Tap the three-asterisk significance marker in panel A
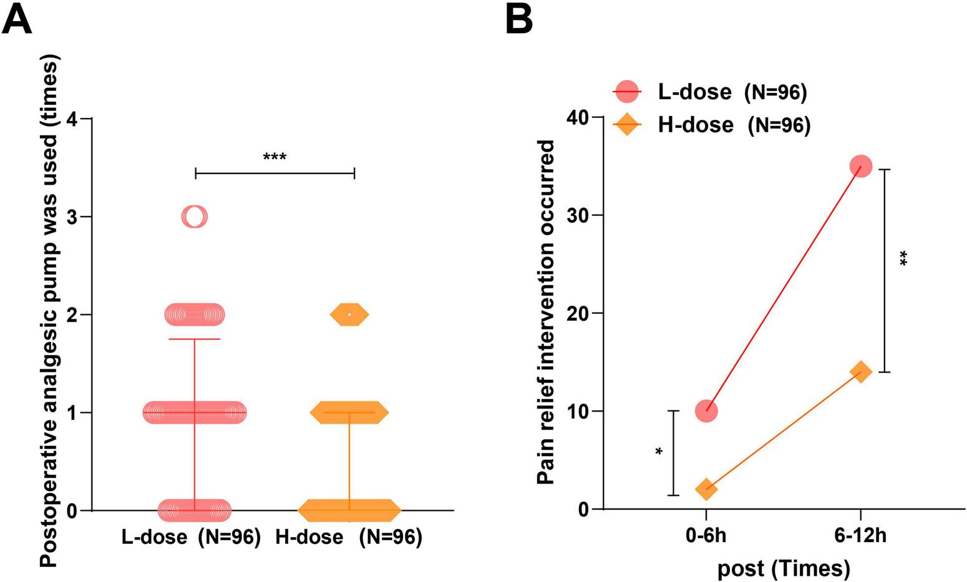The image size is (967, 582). point(275,157)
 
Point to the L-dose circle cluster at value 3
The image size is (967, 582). point(194,216)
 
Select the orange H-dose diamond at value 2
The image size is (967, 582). point(349,314)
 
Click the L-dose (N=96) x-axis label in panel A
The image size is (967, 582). point(190,537)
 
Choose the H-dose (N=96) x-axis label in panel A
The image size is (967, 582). point(349,537)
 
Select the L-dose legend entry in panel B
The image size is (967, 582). point(709,92)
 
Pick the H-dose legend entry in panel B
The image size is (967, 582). point(711,125)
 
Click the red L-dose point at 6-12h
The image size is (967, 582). point(860,167)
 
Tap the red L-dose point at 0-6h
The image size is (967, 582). point(706,411)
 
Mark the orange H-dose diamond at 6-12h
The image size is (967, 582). point(860,372)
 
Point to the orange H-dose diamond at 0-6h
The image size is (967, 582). point(706,489)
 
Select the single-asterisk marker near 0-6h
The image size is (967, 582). point(659,452)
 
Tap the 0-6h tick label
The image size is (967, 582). point(706,536)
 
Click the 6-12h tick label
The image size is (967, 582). point(860,536)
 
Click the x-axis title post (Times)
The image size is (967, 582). point(784,568)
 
